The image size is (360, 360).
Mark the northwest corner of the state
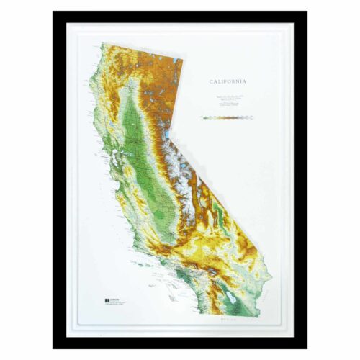pos(102,45)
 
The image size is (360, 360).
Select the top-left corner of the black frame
pos(53,12)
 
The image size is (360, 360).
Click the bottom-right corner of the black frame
pos(307,348)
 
